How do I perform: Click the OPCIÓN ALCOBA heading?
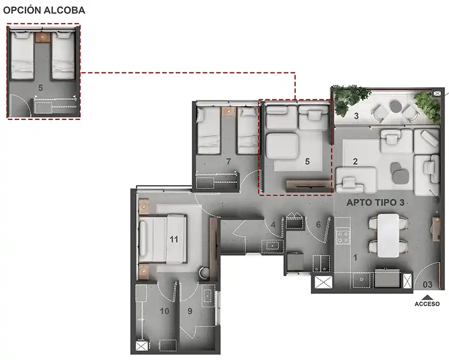click(44, 10)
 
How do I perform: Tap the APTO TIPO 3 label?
click(375, 202)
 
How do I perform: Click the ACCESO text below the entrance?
click(427, 303)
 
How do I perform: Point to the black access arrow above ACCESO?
click(427, 297)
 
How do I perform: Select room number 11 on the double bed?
click(174, 239)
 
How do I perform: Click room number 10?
click(164, 311)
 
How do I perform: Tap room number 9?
click(190, 311)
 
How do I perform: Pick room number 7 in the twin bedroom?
click(228, 161)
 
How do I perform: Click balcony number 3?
click(356, 116)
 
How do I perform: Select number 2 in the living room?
click(355, 161)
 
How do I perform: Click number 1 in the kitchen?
click(355, 258)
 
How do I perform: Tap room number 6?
click(318, 225)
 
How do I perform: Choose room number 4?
click(273, 225)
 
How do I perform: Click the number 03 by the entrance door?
click(428, 284)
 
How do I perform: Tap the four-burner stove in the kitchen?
click(342, 236)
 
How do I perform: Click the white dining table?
click(388, 235)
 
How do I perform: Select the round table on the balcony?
click(396, 107)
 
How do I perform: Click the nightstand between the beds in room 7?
click(228, 112)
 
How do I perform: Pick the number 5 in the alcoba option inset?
click(40, 88)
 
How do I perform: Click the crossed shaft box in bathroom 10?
click(142, 347)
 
